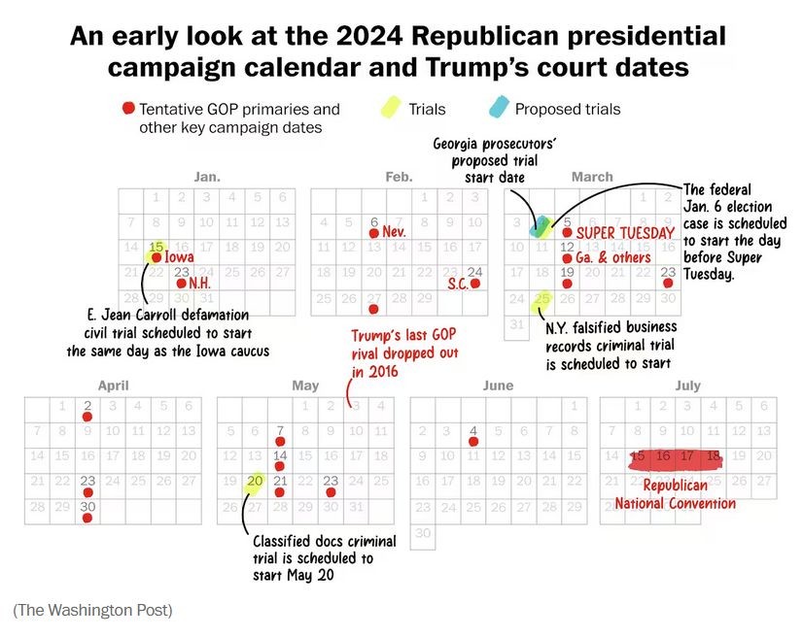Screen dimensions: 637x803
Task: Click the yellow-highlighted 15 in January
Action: [x=156, y=248]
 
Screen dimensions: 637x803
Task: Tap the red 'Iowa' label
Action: [x=178, y=257]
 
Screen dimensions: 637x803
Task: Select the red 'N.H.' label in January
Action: [x=199, y=283]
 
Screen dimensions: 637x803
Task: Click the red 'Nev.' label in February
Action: [x=394, y=233]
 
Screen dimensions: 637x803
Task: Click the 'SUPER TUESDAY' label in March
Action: [x=625, y=233]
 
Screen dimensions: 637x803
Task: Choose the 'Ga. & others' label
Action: [x=612, y=258]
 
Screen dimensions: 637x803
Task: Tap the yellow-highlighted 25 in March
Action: [x=541, y=299]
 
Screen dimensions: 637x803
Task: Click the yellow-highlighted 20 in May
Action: [x=256, y=481]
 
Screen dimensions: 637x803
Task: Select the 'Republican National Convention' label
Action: [x=676, y=494]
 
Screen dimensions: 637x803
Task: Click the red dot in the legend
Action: [x=127, y=109]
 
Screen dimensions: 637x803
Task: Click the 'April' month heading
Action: [x=113, y=386]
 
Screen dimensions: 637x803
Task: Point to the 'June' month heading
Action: [x=498, y=386]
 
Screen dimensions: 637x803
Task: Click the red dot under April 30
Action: [x=87, y=519]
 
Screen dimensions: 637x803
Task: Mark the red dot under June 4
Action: [x=473, y=442]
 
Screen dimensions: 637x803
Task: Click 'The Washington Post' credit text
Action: [x=92, y=610]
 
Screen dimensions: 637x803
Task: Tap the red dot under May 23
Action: [x=331, y=492]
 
